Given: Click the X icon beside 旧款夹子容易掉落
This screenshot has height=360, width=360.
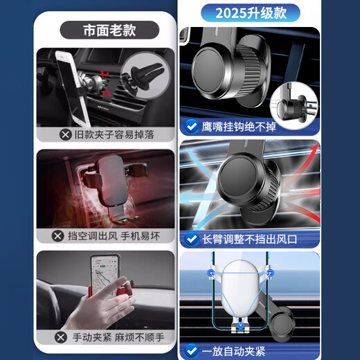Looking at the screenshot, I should (x=65, y=134).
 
